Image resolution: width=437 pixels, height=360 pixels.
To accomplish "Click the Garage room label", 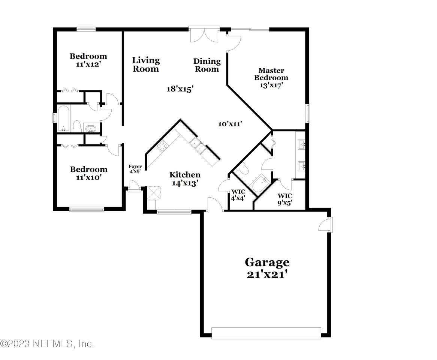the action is tap(267, 262).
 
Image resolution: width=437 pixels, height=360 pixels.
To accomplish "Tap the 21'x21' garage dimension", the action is tap(267, 274).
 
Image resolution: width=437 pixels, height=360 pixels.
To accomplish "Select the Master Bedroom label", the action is tap(271, 74).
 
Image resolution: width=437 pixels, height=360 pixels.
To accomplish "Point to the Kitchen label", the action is tap(185, 175).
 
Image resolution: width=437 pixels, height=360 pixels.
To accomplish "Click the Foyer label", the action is tap(135, 166).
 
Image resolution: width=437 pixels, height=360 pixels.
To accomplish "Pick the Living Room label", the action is tap(146, 64).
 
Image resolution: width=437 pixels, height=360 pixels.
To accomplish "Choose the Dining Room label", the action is tap(207, 65).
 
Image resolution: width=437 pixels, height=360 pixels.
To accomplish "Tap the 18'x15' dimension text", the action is tap(180, 89).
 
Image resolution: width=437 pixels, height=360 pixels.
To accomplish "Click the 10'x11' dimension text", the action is tap(230, 124).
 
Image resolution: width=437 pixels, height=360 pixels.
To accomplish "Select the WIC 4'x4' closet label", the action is tap(238, 195).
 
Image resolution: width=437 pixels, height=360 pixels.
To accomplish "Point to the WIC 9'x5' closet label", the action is tap(285, 199).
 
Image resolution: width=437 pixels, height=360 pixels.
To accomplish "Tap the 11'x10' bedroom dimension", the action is tap(88, 177).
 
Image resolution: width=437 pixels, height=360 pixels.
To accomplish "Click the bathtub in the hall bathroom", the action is tap(64, 118).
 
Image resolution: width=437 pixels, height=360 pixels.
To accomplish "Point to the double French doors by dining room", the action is tap(204, 34).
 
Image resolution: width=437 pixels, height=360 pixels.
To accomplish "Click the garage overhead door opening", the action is tap(266, 333).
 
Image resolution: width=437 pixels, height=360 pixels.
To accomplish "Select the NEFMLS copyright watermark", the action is tap(47, 343).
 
